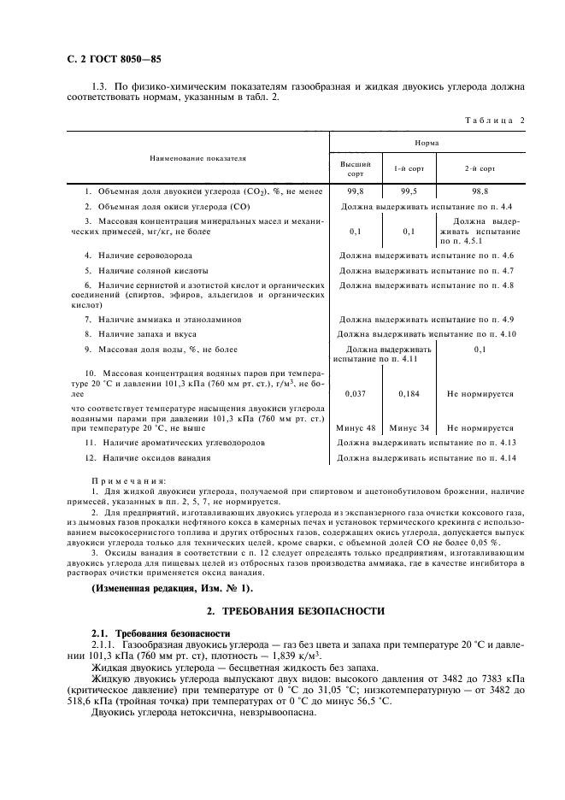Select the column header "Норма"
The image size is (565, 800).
click(x=427, y=144)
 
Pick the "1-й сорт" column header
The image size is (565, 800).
click(x=404, y=168)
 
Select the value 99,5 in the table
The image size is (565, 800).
click(x=404, y=193)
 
